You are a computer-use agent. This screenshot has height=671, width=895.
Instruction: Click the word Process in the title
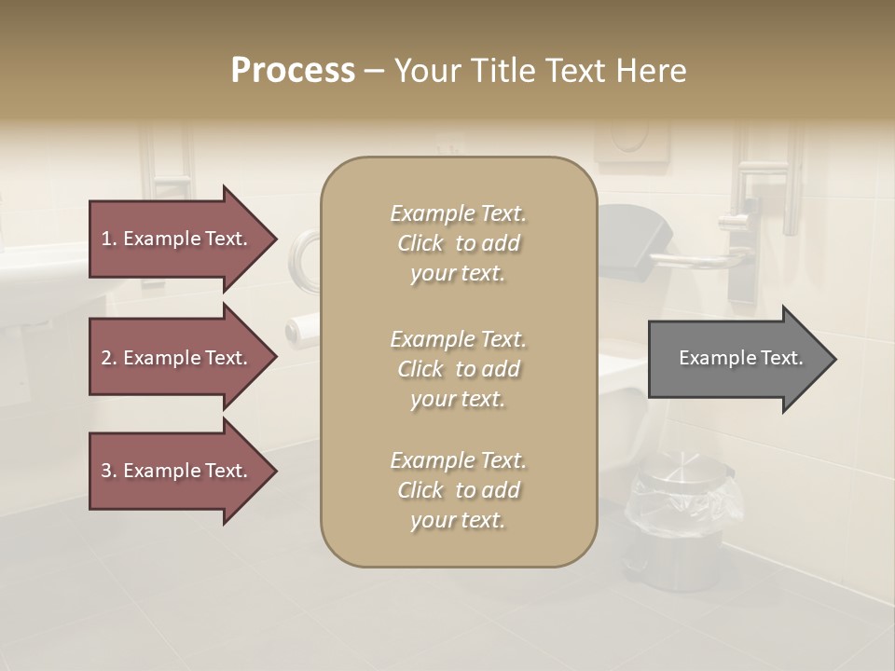point(293,71)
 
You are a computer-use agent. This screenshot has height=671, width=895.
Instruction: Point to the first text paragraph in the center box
point(458,243)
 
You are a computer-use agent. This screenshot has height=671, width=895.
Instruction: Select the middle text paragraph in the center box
point(458,368)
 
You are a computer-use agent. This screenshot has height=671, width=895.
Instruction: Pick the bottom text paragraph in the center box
point(458,489)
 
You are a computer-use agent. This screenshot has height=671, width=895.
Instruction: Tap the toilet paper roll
point(300,329)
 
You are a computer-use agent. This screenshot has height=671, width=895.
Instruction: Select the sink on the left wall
point(37,289)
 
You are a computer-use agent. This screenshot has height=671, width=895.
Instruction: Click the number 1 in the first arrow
point(106,239)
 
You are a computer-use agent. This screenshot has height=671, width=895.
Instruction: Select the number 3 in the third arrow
point(106,471)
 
